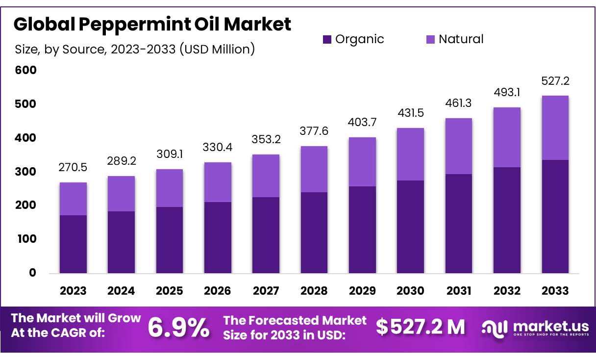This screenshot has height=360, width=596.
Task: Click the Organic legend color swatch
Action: click(327, 39)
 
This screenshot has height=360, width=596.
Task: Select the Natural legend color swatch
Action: click(430, 39)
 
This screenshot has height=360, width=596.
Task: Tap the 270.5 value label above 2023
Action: click(73, 167)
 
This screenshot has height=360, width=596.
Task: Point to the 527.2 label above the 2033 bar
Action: click(555, 81)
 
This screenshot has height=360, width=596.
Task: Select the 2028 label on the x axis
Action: click(314, 290)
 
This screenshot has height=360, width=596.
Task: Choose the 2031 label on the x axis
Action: click(459, 290)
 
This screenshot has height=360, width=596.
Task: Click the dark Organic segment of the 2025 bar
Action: click(170, 240)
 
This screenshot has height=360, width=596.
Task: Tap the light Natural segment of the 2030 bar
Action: click(411, 154)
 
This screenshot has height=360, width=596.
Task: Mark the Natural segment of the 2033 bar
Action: click(555, 128)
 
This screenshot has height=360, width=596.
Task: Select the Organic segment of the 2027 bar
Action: click(266, 235)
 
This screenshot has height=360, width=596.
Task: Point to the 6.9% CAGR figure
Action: click(178, 328)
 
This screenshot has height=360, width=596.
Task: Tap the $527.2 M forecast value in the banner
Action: click(420, 327)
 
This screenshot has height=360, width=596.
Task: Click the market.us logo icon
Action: click(494, 328)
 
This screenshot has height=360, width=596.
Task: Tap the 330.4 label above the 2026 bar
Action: click(218, 147)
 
